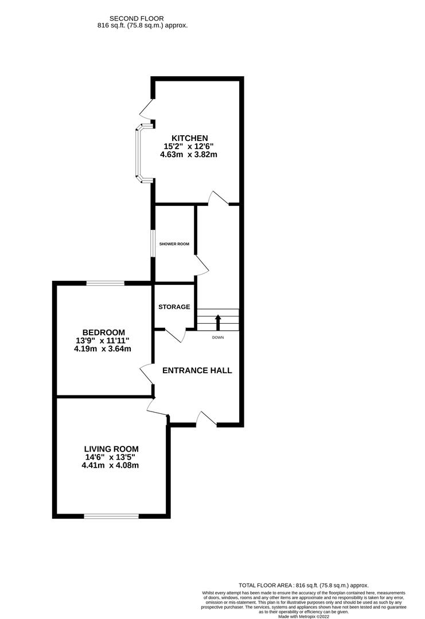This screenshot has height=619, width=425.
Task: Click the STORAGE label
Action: click(x=174, y=307)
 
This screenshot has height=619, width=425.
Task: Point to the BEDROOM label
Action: click(x=103, y=332)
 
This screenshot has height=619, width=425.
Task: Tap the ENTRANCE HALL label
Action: click(x=197, y=370)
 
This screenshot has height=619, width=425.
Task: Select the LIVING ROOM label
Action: click(x=111, y=449)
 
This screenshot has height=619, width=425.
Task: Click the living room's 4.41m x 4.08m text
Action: click(x=111, y=465)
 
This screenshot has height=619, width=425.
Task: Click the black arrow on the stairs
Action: click(x=217, y=320)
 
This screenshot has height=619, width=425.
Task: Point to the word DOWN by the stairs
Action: click(x=217, y=338)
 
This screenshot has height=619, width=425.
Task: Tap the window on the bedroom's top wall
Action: click(x=105, y=283)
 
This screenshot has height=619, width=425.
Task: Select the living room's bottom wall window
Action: click(x=111, y=516)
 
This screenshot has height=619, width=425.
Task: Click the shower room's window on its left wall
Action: click(x=153, y=244)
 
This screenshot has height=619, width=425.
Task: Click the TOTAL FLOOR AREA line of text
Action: click(x=304, y=585)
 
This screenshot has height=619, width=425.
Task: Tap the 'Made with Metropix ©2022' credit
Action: click(x=304, y=616)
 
